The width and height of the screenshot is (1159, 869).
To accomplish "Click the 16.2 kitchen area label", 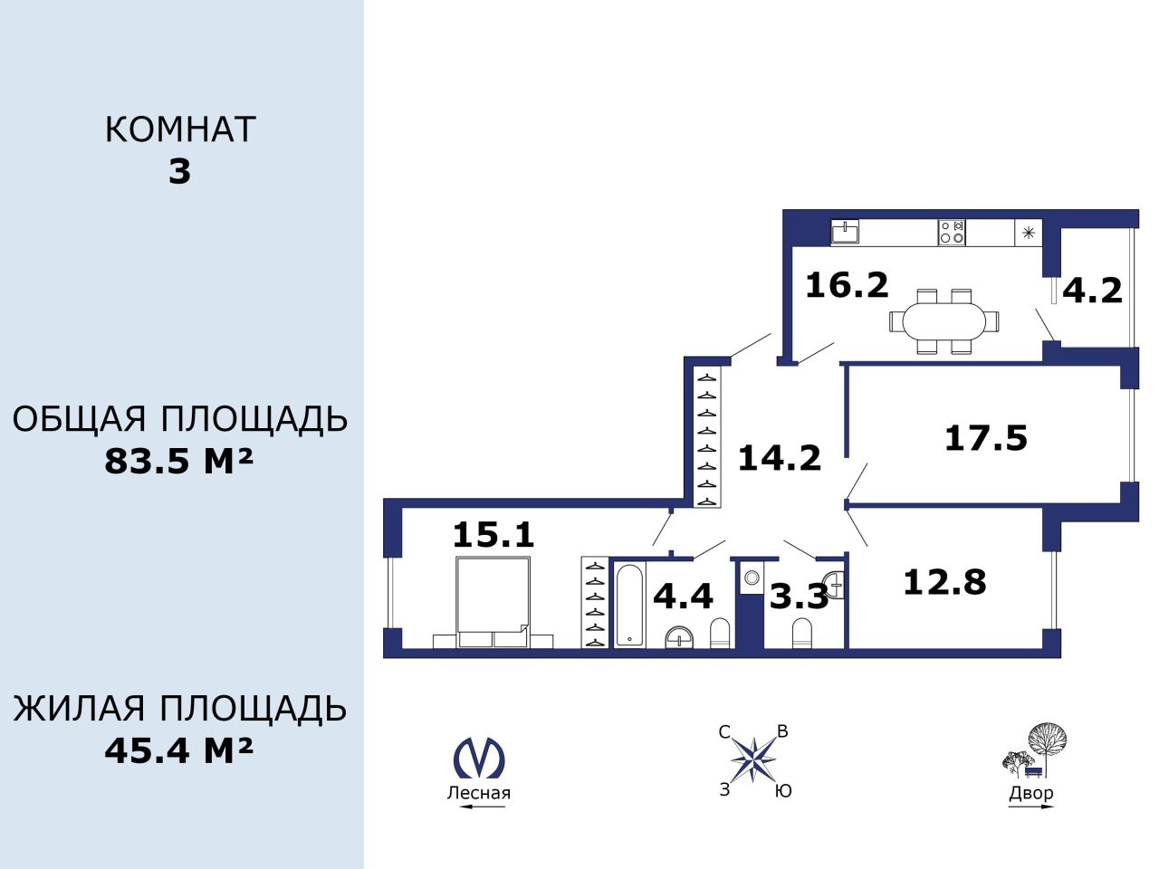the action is click(x=847, y=285).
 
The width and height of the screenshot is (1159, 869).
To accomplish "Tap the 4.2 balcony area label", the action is click(x=1092, y=291).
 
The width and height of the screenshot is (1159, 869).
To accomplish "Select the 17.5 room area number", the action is click(x=986, y=438).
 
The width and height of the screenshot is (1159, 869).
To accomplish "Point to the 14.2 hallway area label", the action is click(x=780, y=457).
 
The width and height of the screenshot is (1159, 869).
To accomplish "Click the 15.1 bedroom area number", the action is click(x=493, y=534).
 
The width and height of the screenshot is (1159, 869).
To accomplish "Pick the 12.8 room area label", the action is click(x=944, y=582).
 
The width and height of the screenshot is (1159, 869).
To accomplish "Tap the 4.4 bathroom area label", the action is click(x=684, y=596).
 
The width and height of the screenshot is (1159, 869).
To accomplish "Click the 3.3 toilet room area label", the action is click(x=799, y=597).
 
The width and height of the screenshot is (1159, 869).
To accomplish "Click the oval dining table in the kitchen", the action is click(x=944, y=320).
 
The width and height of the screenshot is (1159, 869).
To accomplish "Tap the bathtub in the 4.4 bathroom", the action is click(x=629, y=605).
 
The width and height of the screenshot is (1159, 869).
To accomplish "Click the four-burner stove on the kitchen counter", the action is click(x=952, y=232).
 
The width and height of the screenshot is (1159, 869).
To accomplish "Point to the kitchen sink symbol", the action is click(x=845, y=232).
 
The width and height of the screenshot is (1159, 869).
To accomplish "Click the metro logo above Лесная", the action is click(x=479, y=759).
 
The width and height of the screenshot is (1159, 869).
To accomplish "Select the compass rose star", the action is click(x=753, y=760).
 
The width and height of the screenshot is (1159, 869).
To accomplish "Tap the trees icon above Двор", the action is click(x=1033, y=750).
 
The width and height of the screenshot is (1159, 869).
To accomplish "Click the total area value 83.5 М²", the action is click(x=179, y=461).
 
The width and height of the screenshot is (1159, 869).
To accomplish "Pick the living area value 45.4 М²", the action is click(x=179, y=750).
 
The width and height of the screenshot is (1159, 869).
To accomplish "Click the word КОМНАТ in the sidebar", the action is click(x=180, y=129).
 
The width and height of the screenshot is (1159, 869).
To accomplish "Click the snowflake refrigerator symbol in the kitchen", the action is click(x=1028, y=233).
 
